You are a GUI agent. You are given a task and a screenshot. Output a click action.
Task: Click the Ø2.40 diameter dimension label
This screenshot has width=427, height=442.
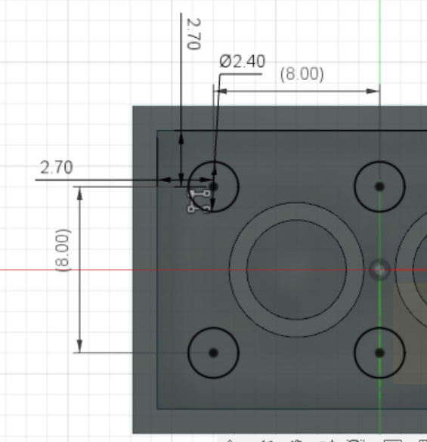tap(243, 62)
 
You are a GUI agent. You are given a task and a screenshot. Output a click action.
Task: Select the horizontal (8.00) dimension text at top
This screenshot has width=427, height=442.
tap(302, 74)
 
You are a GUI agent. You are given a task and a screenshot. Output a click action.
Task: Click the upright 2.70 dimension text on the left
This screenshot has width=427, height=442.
tap(57, 167)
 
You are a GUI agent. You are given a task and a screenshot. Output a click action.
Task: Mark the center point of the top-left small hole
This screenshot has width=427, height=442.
tap(213, 185)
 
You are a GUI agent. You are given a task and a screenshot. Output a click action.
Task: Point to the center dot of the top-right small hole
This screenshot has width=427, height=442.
tap(379, 186)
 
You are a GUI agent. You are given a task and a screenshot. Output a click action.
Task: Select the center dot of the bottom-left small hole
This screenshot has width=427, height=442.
tap(213, 353)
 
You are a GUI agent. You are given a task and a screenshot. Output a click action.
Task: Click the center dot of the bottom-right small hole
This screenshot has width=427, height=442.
tap(379, 353)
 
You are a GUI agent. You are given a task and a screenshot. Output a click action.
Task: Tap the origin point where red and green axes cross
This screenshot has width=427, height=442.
tap(379, 269)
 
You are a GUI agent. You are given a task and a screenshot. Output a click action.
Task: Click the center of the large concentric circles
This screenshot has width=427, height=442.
tap(296, 270)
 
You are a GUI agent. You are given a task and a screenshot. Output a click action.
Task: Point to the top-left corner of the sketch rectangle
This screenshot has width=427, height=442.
tap(157, 131)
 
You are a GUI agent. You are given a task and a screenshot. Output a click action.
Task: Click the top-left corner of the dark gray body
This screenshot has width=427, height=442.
tap(134, 106)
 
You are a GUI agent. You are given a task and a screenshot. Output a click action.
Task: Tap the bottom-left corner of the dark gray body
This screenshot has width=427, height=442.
tap(134, 432)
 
